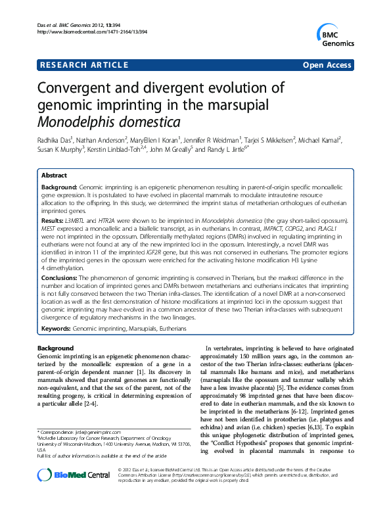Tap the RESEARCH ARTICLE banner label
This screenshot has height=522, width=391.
(x=83, y=65)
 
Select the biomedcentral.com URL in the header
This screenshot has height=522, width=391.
(x=84, y=32)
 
